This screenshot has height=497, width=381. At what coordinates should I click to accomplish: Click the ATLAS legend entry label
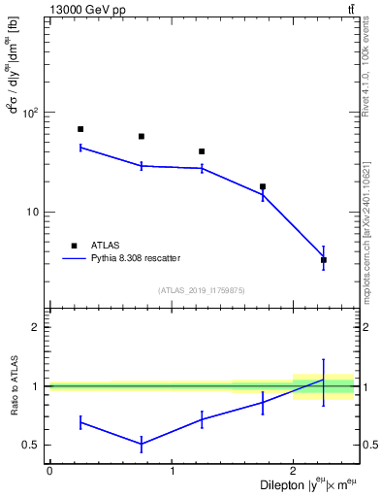106,246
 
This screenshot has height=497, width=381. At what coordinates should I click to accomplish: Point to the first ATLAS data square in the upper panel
80,129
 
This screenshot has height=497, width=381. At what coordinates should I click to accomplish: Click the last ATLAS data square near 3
324,260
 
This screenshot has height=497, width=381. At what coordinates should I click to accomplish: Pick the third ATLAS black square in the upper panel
202,151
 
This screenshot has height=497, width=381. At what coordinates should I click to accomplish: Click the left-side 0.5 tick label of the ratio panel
34,446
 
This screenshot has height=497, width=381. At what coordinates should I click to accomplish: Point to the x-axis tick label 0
49,471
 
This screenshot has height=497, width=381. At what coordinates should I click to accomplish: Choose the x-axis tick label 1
172,471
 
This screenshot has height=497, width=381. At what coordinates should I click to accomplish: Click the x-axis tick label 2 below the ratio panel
293,471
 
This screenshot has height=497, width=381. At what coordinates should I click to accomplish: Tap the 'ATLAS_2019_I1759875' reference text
202,290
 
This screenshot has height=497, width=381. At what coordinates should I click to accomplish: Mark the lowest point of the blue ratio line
142,445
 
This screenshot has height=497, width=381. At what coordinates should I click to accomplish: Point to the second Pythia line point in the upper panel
142,166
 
